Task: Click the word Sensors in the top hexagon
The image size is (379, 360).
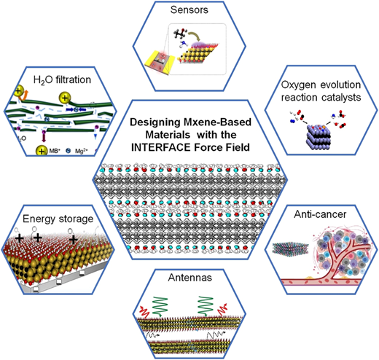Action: pos(189,10)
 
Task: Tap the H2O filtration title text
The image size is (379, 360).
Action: pos(62,80)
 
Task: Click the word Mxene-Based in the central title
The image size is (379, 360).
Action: pos(217,122)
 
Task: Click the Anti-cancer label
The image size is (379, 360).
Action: pos(320,214)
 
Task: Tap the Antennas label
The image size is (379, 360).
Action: pos(189,278)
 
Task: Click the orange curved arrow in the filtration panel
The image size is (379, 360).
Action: pos(25,95)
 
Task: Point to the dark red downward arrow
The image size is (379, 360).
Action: pos(44,136)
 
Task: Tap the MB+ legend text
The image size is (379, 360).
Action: pos(55,151)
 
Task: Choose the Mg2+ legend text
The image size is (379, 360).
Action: pos(81,151)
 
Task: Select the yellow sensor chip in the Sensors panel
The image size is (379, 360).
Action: pos(160,63)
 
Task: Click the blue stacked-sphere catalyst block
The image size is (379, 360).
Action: pos(319,136)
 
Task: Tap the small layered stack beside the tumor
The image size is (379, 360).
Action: pos(290,248)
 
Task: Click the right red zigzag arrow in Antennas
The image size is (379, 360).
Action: pos(223,309)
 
